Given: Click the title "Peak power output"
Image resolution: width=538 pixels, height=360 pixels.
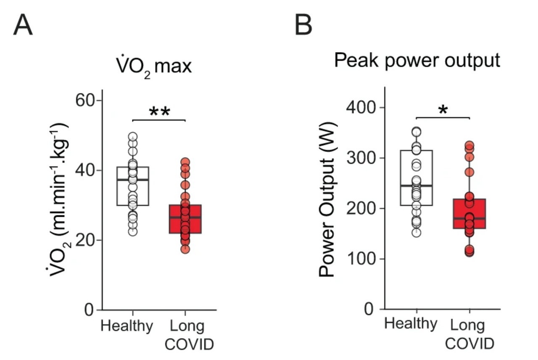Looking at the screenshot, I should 417,61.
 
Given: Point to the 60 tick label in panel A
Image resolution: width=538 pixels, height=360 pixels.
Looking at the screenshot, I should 86,101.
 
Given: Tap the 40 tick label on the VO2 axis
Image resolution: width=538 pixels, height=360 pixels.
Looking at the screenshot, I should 86,171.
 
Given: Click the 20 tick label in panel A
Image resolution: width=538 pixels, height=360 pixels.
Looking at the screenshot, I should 86,240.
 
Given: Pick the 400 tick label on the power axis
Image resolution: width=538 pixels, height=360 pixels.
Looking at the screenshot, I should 361,108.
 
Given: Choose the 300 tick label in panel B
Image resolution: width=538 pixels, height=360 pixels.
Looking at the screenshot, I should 361,158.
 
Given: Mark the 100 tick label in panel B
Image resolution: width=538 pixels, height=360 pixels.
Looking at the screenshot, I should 361,259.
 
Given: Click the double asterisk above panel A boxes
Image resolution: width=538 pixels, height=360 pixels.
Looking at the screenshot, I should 159,112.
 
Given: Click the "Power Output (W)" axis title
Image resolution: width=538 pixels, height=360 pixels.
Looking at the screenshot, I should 327,200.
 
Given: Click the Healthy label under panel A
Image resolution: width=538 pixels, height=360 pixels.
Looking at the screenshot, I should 127,326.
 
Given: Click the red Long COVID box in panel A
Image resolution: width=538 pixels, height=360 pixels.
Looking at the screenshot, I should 185,219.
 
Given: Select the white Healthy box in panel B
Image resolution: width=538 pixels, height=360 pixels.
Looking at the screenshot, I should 417,178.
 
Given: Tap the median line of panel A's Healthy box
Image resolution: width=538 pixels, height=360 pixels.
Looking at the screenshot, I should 133,179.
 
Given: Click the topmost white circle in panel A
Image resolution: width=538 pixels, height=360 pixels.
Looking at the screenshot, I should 133,137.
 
